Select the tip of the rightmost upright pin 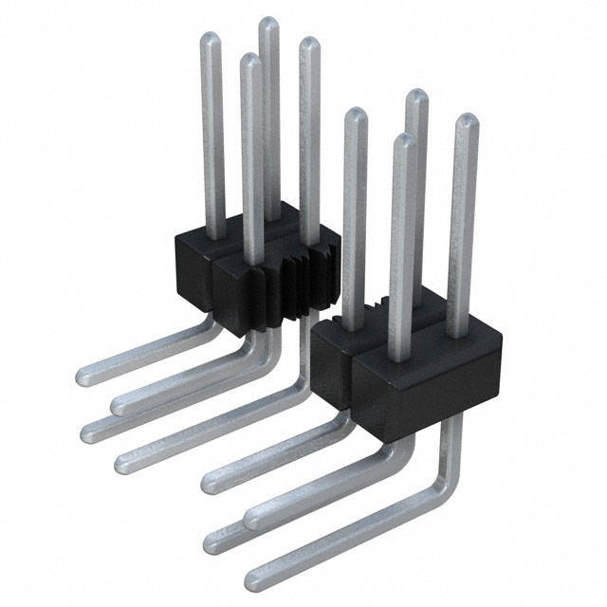pos(465,121)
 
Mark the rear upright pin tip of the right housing pos(415,96)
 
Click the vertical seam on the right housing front pos(354,379)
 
